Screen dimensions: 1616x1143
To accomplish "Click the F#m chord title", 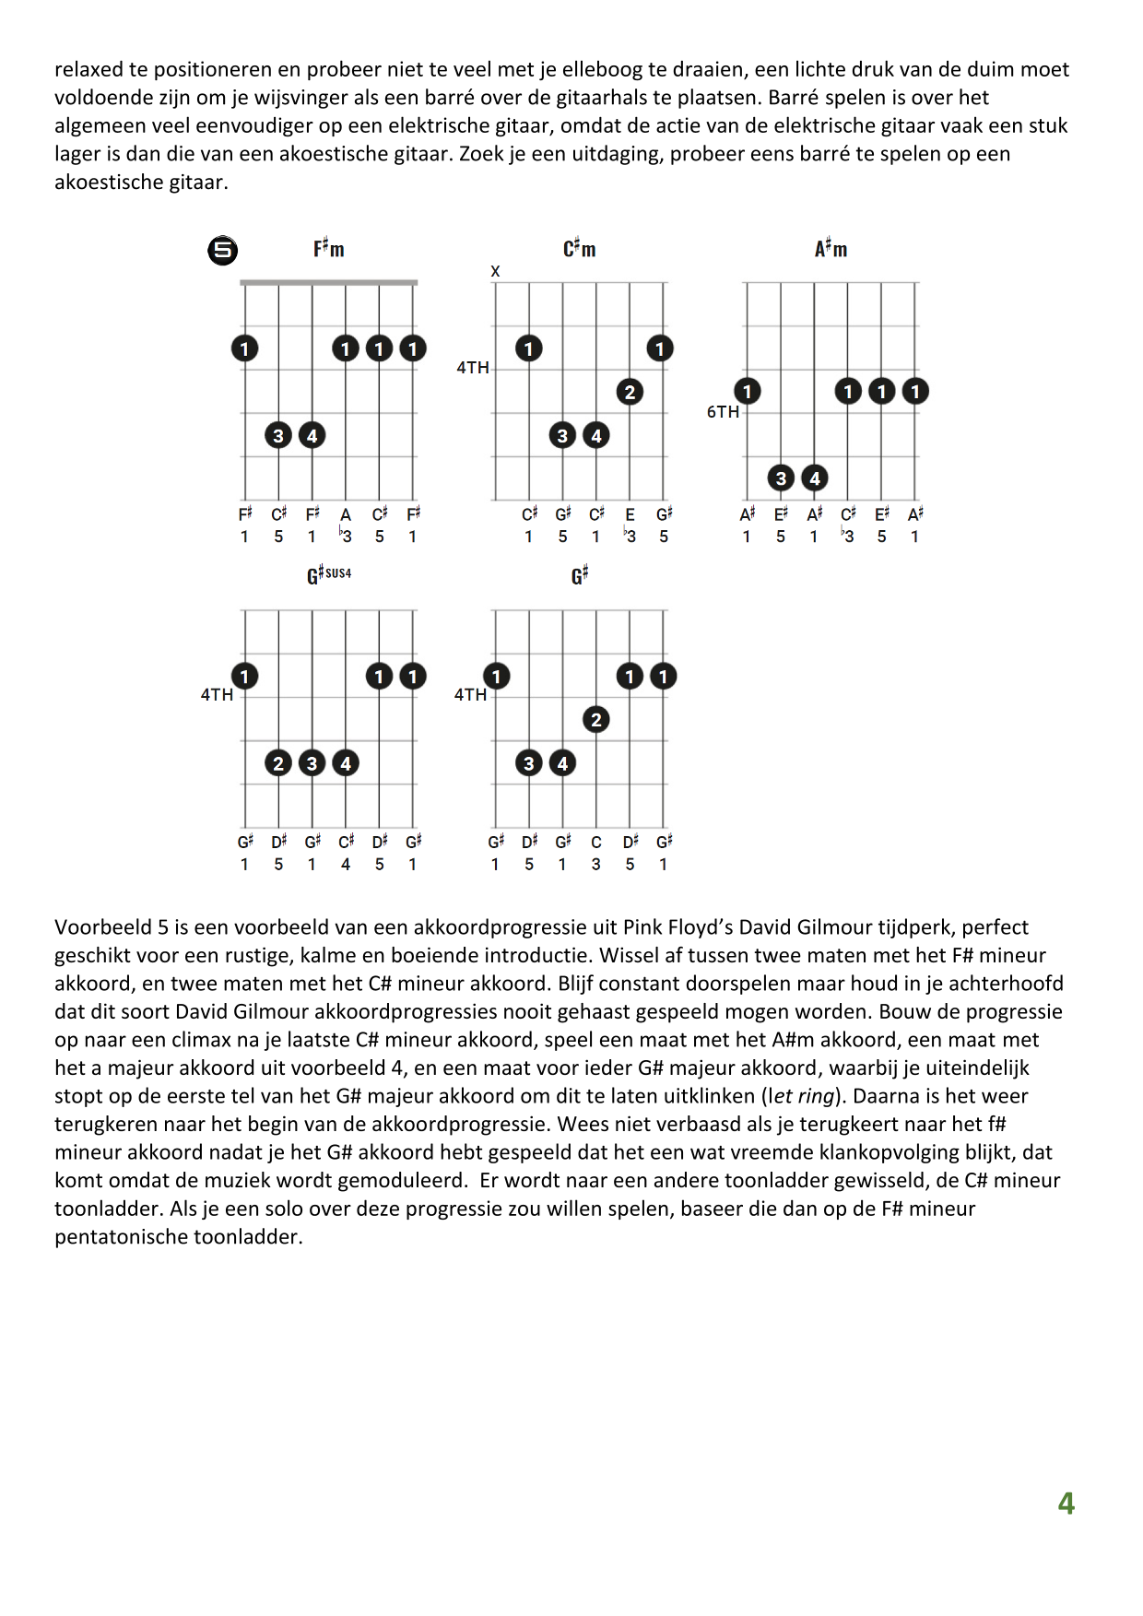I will [x=328, y=249].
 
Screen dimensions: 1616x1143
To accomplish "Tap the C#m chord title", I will [x=580, y=249].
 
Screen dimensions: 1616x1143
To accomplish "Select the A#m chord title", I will [x=831, y=249].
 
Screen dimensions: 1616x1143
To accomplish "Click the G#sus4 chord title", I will [x=329, y=575].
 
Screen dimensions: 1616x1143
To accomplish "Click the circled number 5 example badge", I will [x=222, y=251].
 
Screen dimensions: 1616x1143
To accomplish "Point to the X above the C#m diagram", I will [x=495, y=271].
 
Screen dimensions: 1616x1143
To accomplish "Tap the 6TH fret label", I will [x=723, y=412].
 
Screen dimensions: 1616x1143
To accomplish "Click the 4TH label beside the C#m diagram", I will [x=473, y=368].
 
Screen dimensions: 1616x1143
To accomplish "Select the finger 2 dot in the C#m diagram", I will [x=630, y=392].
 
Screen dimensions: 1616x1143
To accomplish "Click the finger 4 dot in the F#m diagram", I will [x=312, y=435].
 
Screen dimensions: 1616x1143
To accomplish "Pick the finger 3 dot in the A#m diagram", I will [x=781, y=478].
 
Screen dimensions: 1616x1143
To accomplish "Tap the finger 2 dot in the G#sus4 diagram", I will [x=278, y=763].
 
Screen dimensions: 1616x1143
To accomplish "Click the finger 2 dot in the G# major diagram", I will [x=596, y=720].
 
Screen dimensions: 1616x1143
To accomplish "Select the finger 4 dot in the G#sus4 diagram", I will [x=346, y=763].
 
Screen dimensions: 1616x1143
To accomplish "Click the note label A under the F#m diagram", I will [x=346, y=514].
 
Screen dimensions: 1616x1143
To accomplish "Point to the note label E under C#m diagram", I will [x=630, y=514].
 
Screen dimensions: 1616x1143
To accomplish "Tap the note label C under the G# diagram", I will [x=596, y=842].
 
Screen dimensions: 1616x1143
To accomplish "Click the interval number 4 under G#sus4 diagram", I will [x=346, y=865].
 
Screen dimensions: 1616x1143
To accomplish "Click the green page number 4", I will [x=1066, y=1504].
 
